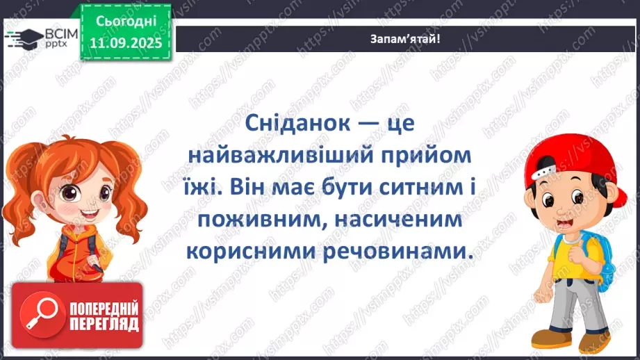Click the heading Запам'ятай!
pos(405,39)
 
